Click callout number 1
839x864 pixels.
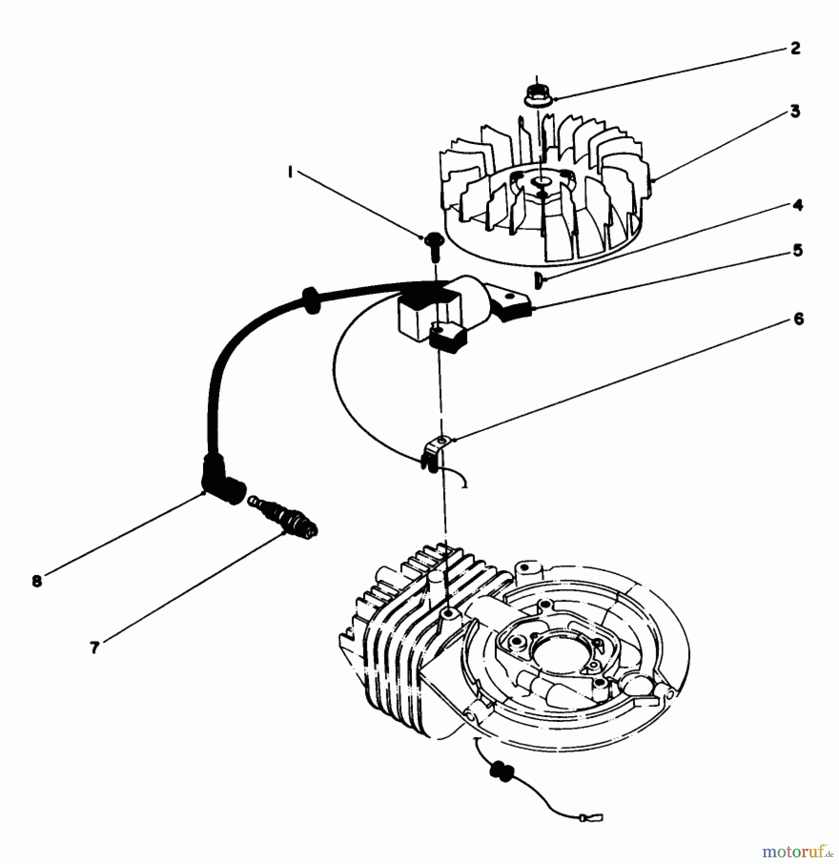click(x=290, y=172)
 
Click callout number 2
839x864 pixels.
click(x=795, y=48)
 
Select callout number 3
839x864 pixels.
click(x=795, y=111)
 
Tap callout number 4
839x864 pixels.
click(x=797, y=205)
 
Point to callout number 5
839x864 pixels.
click(x=797, y=251)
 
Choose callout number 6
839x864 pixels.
click(x=798, y=319)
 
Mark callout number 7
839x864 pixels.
click(x=95, y=648)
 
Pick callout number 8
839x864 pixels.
click(x=37, y=581)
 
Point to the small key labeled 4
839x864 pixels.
click(x=538, y=280)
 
